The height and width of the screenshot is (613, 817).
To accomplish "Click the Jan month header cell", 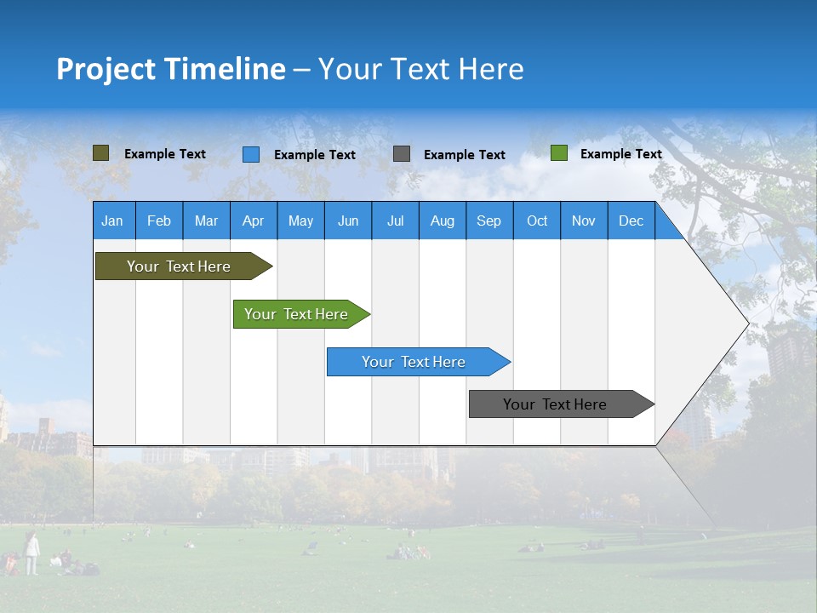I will coord(113,221).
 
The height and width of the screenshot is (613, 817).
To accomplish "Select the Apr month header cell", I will coord(254,221).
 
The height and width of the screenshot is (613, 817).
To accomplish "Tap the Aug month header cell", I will coord(443,221).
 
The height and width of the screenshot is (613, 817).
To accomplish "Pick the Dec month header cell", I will coord(631,221).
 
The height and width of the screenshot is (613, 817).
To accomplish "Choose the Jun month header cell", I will coord(348,221).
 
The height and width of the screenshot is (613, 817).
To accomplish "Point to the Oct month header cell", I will coord(537,221).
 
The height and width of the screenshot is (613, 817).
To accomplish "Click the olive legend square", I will coord(101,153).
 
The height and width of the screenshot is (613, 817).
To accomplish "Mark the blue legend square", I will coord(251,154).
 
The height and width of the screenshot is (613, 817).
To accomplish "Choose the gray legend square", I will coord(402,154).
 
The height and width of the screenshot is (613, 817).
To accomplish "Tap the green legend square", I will coord(559,153).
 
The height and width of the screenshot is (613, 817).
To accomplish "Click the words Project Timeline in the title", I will coord(170,69).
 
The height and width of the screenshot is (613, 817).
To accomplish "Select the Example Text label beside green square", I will coord(620,154).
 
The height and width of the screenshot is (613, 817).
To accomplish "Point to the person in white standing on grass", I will coord(31,553).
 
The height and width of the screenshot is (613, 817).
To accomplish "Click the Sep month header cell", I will coord(489,221).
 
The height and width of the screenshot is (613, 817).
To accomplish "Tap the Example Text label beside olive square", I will coord(165,154).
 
